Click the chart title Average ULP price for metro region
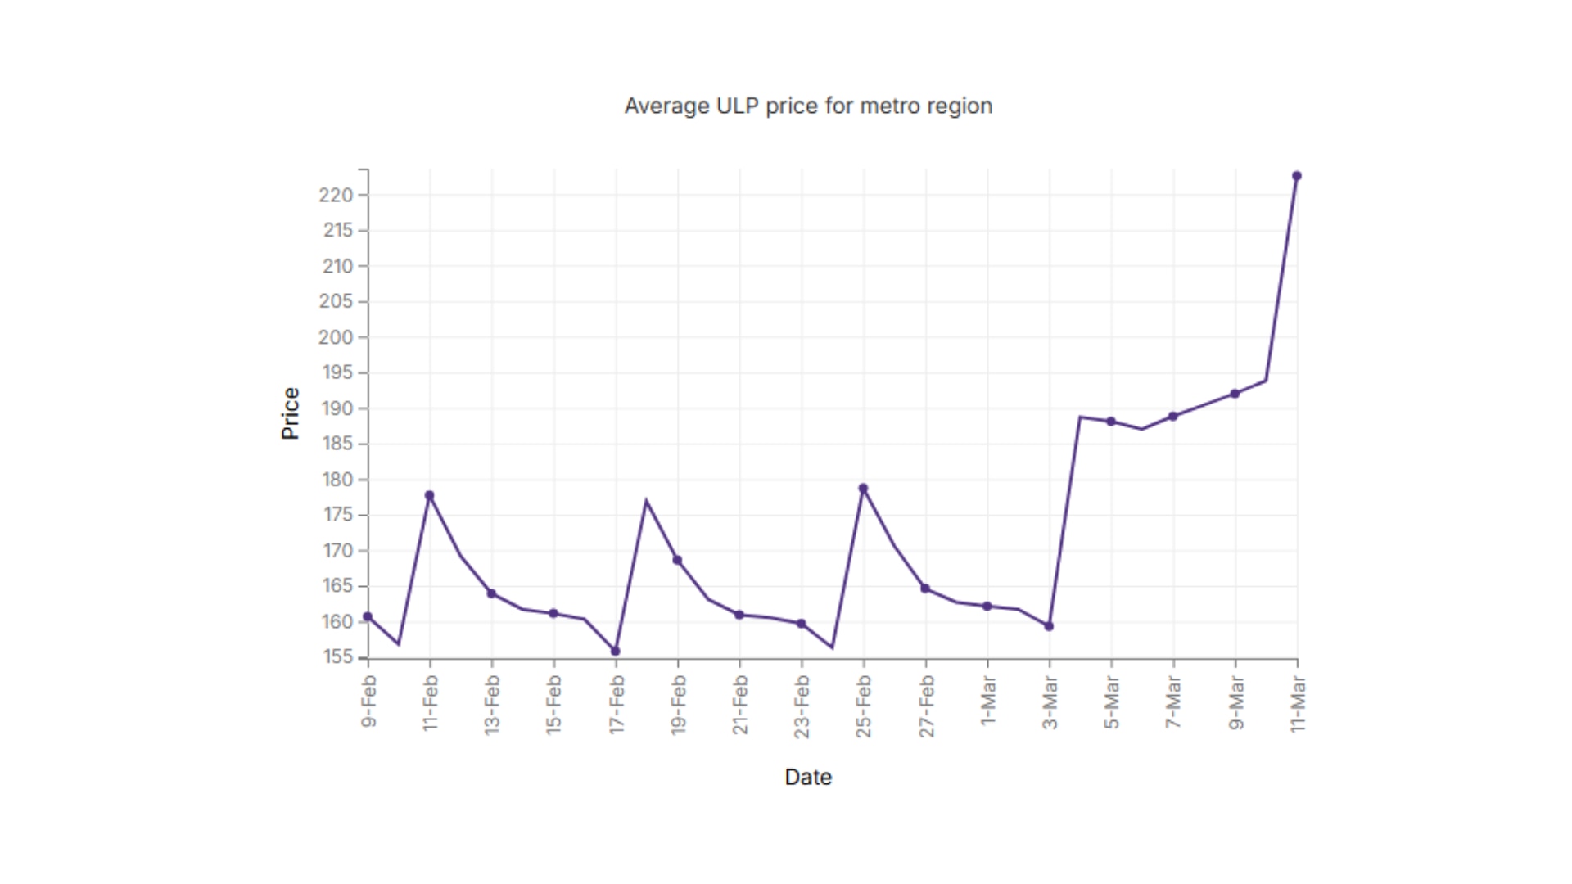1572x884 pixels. click(x=808, y=106)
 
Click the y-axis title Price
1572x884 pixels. click(x=291, y=413)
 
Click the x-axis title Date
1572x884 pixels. click(x=808, y=777)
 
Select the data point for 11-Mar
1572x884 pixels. click(x=1297, y=176)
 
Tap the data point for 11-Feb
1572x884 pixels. click(x=430, y=495)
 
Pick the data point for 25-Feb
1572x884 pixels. click(x=863, y=489)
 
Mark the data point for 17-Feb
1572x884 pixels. click(x=616, y=652)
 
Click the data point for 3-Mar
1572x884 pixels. click(x=1049, y=626)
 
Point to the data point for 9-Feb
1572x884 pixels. click(x=368, y=616)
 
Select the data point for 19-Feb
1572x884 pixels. click(x=677, y=561)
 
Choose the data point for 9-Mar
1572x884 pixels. click(x=1235, y=394)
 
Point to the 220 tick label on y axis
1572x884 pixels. click(x=336, y=195)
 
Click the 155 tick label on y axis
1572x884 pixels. click(x=337, y=657)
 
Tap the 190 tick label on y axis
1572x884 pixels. click(x=337, y=408)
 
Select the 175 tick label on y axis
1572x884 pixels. click(x=337, y=515)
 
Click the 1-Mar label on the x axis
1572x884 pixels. click(x=988, y=701)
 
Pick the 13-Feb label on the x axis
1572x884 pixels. click(x=492, y=704)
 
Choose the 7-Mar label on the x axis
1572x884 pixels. click(x=1173, y=702)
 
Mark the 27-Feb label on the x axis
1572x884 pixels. click(x=926, y=706)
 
